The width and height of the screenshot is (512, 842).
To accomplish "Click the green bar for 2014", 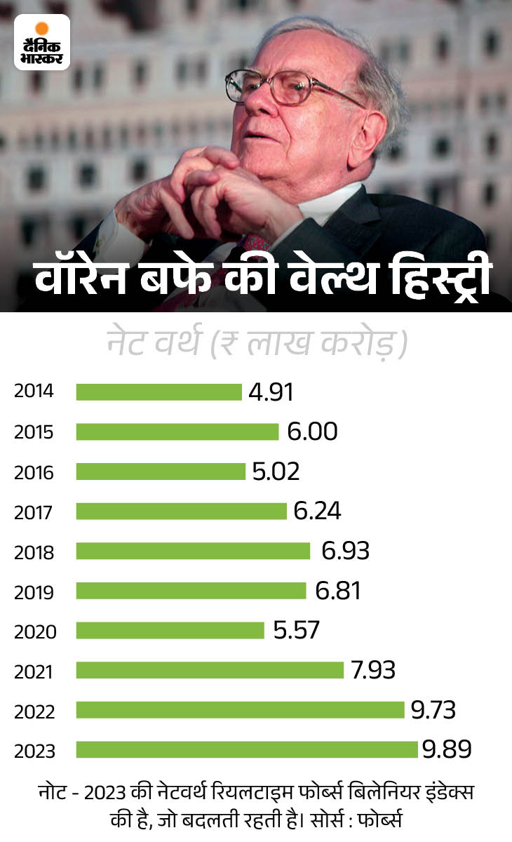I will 159,392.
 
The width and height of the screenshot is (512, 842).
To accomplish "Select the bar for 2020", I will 170,630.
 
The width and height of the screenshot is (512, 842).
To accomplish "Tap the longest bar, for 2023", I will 247,750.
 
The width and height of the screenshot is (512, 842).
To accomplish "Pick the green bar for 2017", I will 181,511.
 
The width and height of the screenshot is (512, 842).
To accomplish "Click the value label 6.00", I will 312,432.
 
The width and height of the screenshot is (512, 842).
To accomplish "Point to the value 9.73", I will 433,710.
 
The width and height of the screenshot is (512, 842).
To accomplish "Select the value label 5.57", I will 296,630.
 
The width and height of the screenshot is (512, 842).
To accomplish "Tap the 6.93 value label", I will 345,551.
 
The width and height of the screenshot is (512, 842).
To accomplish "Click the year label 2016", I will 34,472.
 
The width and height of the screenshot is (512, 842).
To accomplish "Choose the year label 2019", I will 34,592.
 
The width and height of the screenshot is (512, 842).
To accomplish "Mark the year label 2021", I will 34,671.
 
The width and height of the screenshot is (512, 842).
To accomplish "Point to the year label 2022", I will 34,711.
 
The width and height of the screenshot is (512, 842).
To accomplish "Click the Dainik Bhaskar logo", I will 43,42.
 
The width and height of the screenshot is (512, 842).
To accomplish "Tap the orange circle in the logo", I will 42,29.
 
